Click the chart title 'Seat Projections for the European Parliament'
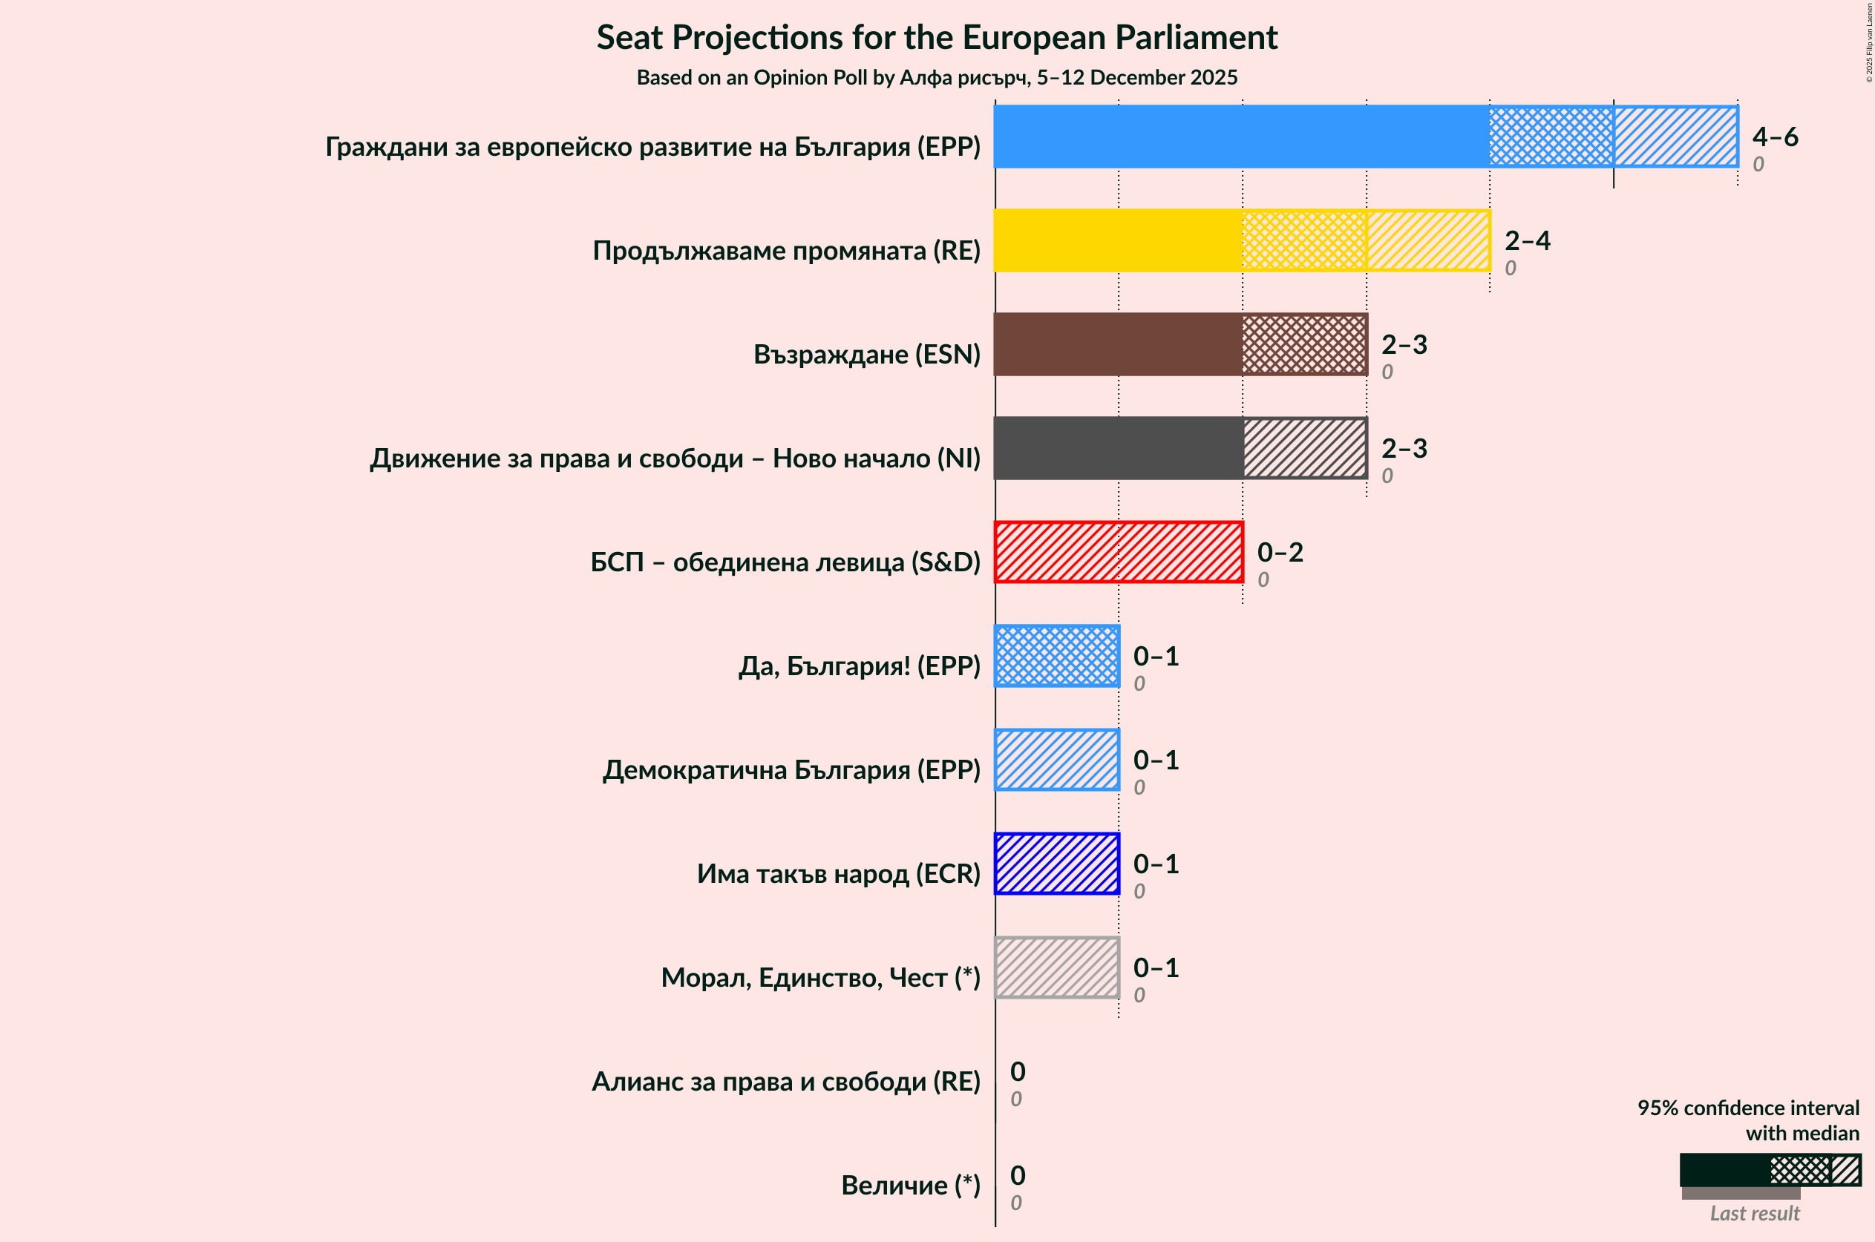pos(937,37)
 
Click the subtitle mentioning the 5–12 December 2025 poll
pos(937,78)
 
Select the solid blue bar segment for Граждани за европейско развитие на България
pos(1241,137)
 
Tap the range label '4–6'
pos(1774,137)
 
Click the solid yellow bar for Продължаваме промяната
pos(1118,240)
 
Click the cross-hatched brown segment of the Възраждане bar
pos(1303,344)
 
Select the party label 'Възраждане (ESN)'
pos(866,354)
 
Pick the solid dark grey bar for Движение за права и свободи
pos(1118,448)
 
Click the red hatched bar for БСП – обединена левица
pos(1118,552)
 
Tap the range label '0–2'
pos(1279,552)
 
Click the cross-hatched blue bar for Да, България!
pos(1056,656)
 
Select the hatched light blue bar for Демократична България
pos(1056,760)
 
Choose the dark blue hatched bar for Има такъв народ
pos(1056,864)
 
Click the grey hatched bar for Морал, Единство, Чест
pos(1056,967)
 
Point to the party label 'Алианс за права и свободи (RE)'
pos(785,1081)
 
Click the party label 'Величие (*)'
pos(910,1185)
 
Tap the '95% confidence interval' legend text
pos(1747,1108)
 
